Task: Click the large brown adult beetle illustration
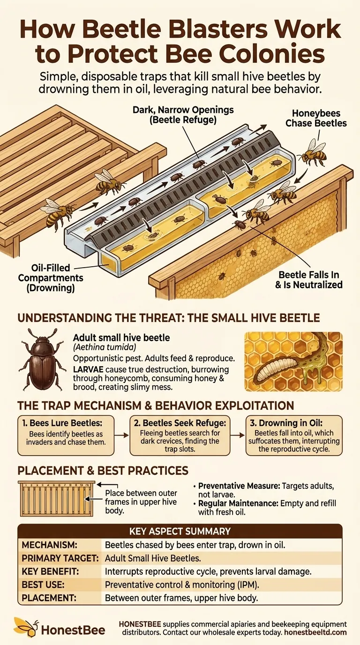[41, 359]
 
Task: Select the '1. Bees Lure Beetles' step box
[66, 435]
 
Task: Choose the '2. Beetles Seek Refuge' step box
[180, 435]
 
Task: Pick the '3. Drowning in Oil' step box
[294, 435]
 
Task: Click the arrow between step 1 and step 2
[122, 435]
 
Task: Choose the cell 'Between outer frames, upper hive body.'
[181, 598]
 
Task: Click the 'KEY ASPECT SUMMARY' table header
[180, 531]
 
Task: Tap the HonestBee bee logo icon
[25, 628]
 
